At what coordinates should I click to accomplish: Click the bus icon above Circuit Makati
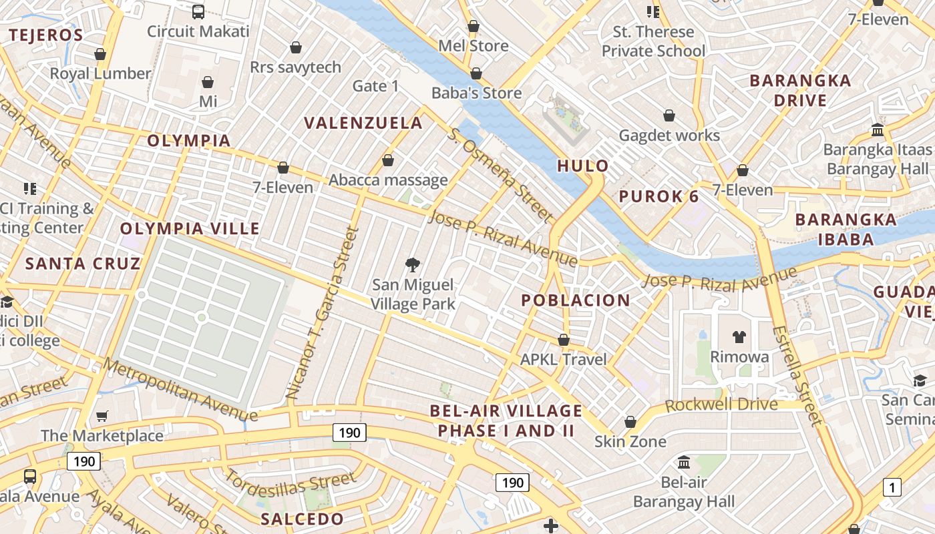click(x=198, y=11)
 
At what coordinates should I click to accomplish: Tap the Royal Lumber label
click(x=100, y=73)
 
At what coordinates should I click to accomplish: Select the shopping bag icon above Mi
click(x=208, y=82)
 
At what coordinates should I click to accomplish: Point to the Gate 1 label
click(x=375, y=85)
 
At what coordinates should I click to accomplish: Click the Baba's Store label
click(x=476, y=93)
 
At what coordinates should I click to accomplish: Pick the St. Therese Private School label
click(x=653, y=41)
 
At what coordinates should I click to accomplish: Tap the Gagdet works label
click(x=669, y=136)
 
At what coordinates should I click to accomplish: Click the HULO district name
click(x=583, y=166)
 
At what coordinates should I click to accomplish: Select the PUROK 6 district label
click(x=659, y=196)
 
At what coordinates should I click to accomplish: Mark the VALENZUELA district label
click(x=363, y=123)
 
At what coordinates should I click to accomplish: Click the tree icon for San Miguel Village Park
click(x=413, y=265)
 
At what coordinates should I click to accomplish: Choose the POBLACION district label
click(x=575, y=300)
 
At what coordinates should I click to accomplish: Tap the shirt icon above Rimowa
click(x=739, y=337)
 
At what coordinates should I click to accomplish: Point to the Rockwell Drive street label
click(x=721, y=405)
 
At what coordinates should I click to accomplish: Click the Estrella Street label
click(x=797, y=375)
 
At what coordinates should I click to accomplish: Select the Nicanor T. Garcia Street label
click(x=323, y=314)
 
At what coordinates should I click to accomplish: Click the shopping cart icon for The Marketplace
click(x=102, y=417)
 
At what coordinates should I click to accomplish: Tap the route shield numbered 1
click(x=892, y=487)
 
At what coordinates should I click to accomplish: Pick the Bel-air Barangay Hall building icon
click(x=684, y=462)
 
